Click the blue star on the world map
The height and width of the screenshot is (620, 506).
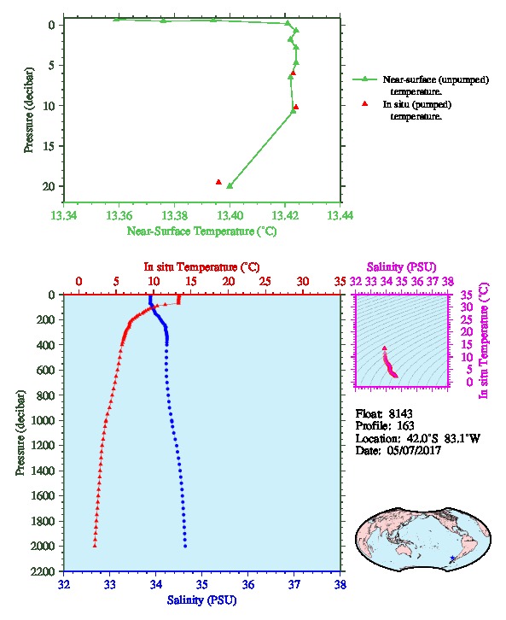pyautogui.click(x=453, y=559)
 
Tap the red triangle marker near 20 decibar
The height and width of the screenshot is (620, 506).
pyautogui.click(x=218, y=182)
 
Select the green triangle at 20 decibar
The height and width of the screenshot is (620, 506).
pyautogui.click(x=230, y=185)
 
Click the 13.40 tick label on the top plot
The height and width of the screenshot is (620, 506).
pyautogui.click(x=230, y=215)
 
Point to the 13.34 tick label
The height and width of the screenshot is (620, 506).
pyautogui.click(x=64, y=215)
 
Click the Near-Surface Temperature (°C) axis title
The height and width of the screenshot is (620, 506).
pyautogui.click(x=202, y=231)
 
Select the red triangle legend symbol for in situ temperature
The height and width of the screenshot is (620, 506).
pyautogui.click(x=365, y=103)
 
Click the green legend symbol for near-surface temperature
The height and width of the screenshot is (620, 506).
pyautogui.click(x=365, y=79)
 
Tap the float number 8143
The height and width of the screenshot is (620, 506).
pyautogui.click(x=400, y=413)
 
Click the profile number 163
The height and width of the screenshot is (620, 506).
pyautogui.click(x=405, y=425)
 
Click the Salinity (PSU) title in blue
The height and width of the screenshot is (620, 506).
pyautogui.click(x=202, y=600)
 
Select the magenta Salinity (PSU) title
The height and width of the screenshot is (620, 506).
pyautogui.click(x=402, y=267)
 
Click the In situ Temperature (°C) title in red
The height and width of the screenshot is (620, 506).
pyautogui.click(x=201, y=267)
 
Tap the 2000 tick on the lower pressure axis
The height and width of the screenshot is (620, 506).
pyautogui.click(x=43, y=546)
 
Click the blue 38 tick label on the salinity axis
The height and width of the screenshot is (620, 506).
pyautogui.click(x=340, y=584)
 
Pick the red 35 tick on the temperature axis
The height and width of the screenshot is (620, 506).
pyautogui.click(x=340, y=281)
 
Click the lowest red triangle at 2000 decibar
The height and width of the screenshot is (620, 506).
pyautogui.click(x=95, y=546)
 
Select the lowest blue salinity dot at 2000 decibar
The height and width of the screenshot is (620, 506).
pyautogui.click(x=185, y=546)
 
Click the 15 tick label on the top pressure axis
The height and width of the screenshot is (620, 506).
pyautogui.click(x=49, y=146)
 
